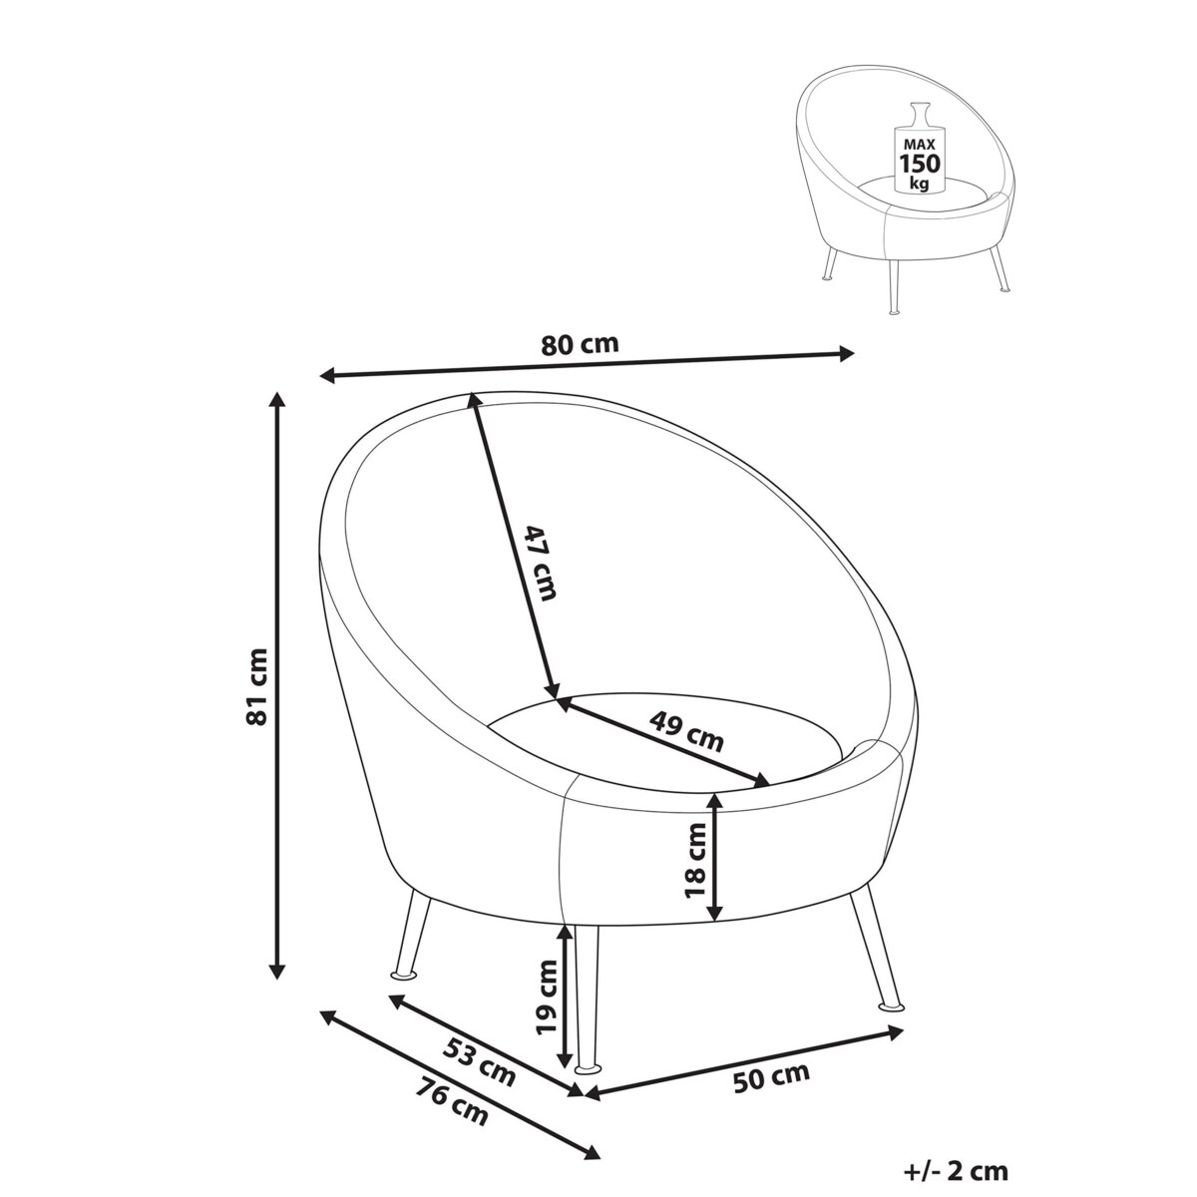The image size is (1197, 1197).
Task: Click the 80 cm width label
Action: tap(580, 345)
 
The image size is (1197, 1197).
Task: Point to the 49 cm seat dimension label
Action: tap(685, 731)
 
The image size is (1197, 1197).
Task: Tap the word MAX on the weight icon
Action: tap(919, 144)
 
